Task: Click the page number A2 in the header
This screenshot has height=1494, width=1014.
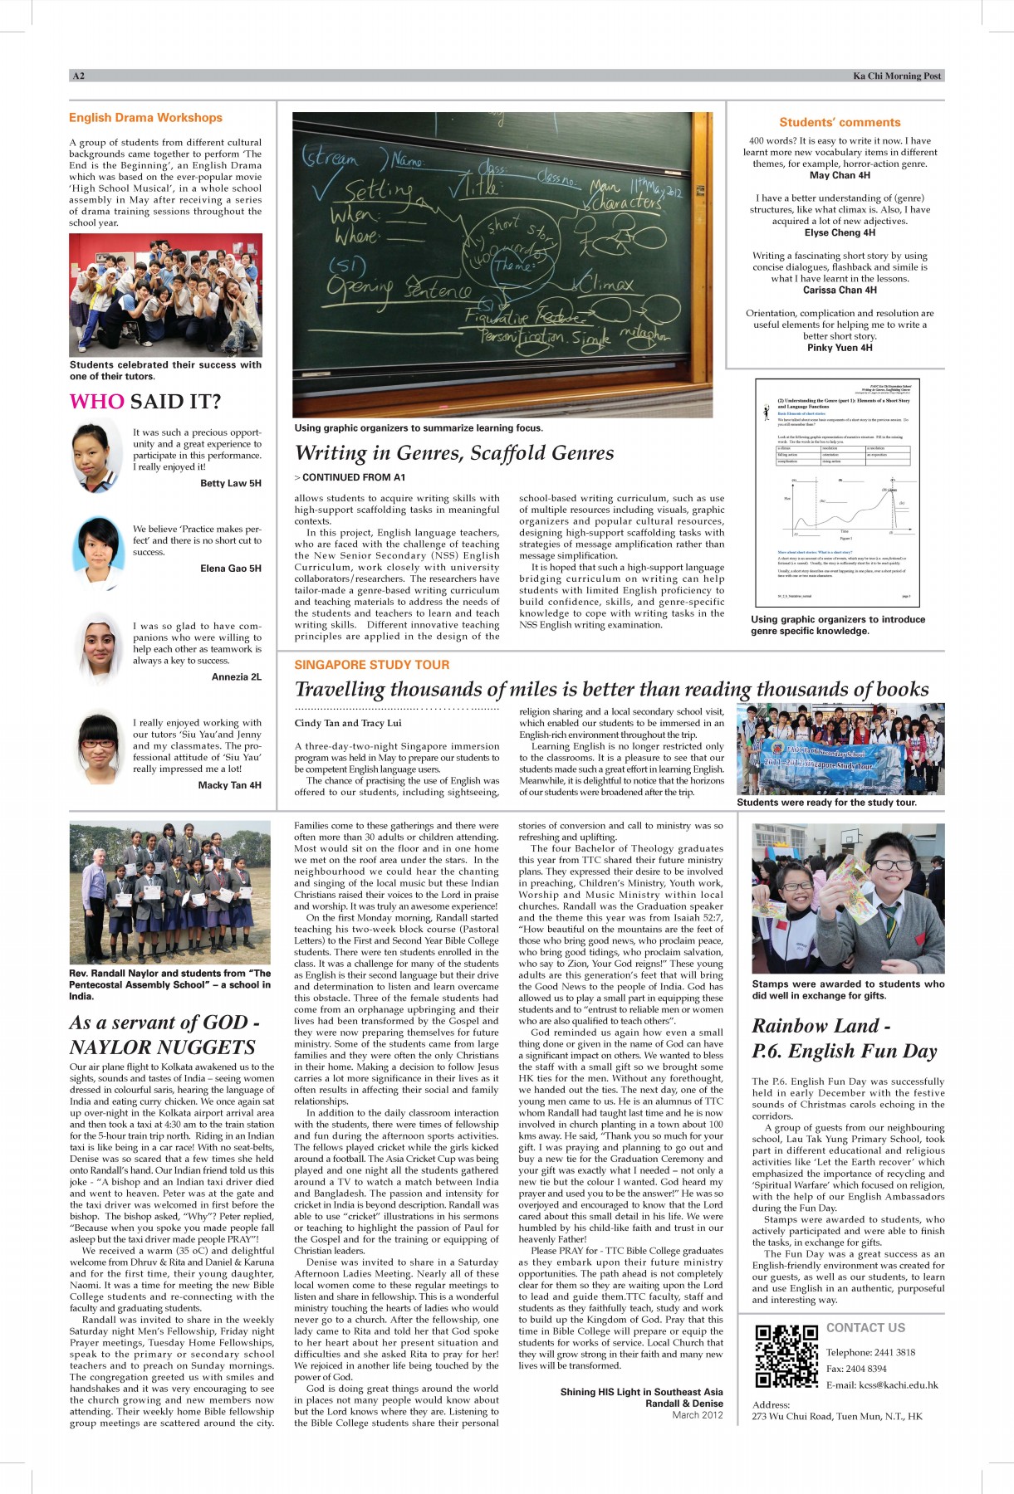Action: pos(78,76)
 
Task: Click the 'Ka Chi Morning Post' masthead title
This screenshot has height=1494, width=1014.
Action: pos(897,76)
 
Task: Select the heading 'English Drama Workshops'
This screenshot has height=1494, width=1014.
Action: pos(145,118)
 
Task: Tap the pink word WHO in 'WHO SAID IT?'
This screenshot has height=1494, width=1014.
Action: pos(96,402)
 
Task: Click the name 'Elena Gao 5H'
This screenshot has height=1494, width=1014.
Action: pos(230,569)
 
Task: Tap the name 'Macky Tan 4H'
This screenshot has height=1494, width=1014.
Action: pos(229,785)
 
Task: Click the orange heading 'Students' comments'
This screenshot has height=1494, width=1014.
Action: pos(840,122)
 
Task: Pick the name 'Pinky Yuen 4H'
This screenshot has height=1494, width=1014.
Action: pos(840,348)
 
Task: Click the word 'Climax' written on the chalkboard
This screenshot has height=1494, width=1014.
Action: pos(606,285)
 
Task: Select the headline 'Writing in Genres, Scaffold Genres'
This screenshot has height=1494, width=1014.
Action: pos(454,453)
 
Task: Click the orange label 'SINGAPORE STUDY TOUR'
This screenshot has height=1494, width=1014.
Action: pos(371,665)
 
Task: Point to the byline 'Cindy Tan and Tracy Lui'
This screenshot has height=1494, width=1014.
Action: pos(347,723)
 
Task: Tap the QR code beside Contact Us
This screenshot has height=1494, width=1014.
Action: pos(786,1356)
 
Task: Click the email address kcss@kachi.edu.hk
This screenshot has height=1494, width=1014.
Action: pos(882,1384)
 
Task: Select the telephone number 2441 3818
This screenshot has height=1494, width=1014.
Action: pos(894,1352)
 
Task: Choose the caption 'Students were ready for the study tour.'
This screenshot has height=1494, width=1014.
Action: pos(826,803)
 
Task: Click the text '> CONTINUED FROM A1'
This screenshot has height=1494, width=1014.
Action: pos(350,477)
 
